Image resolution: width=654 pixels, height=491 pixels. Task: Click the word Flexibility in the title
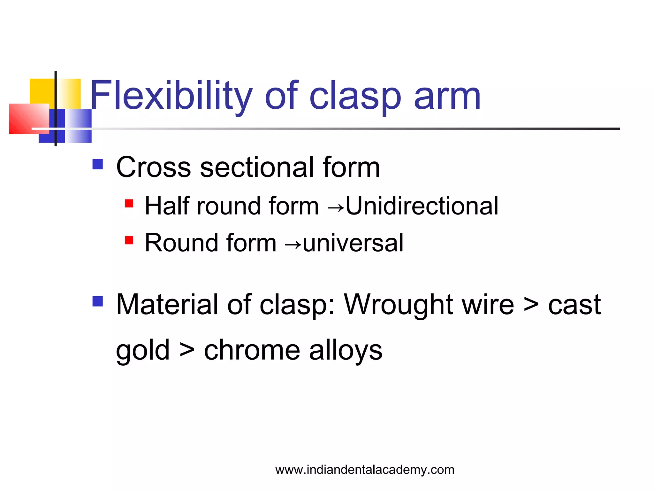point(171,96)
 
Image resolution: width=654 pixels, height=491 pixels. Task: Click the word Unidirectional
point(422,206)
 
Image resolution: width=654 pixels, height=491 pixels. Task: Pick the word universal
point(353,243)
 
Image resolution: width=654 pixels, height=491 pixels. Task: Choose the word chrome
point(252,350)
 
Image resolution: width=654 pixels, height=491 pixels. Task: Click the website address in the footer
point(365,470)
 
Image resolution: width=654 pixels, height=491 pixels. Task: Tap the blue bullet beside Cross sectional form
point(98,164)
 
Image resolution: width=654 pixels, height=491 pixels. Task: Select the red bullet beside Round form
point(129,240)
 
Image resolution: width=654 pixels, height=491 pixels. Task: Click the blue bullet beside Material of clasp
point(98,301)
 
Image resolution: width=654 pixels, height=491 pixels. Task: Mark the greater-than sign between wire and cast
point(531,305)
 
